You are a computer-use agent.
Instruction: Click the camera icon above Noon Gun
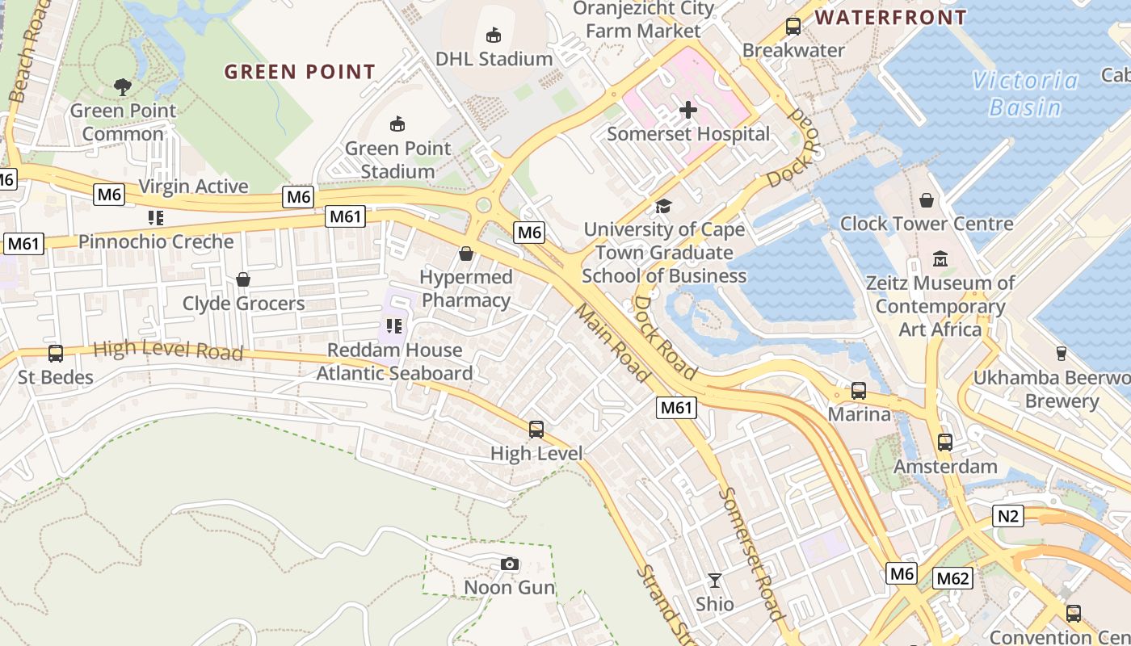509,564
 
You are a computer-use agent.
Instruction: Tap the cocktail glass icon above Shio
715,580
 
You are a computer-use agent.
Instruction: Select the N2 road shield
1007,515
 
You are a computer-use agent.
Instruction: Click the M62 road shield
953,578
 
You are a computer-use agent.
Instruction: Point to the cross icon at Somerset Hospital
688,109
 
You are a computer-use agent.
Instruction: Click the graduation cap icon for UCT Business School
663,206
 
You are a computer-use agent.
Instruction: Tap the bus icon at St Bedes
56,353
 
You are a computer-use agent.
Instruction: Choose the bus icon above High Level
536,429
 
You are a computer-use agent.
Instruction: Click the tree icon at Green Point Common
122,86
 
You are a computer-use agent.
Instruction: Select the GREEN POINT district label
300,72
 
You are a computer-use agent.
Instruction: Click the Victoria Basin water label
1025,94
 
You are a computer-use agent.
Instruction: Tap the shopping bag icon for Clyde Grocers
242,279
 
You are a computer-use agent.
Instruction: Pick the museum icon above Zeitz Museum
940,259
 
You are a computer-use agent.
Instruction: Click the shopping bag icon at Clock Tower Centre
927,199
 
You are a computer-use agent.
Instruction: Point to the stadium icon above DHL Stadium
493,35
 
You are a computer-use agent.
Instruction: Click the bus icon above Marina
859,391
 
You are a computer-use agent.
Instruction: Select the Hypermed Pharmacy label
466,288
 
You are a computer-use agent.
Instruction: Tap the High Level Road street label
168,350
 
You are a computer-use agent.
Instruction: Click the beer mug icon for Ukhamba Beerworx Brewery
1061,353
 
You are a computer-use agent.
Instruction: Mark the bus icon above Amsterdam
944,442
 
